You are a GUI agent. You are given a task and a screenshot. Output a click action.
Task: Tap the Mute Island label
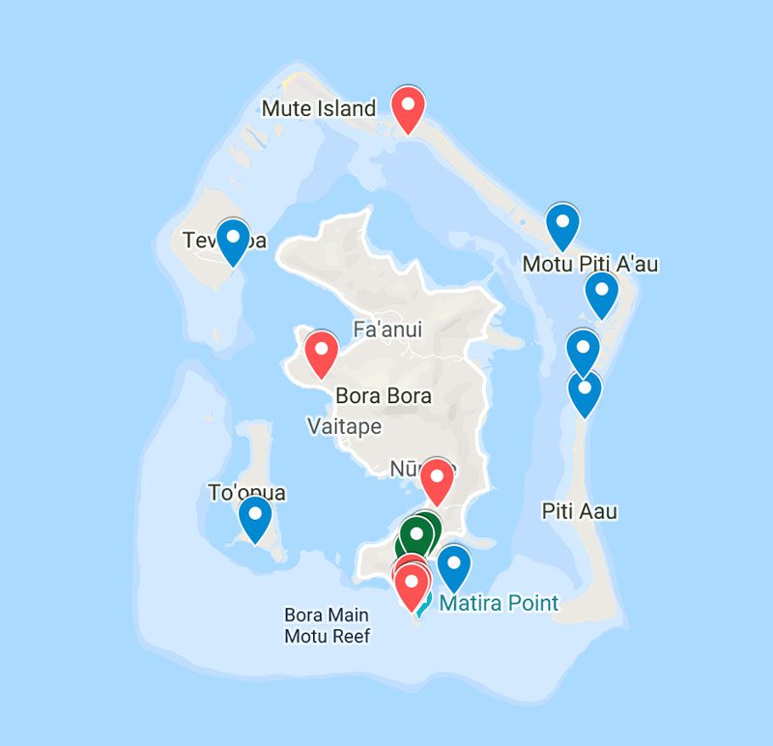click(x=319, y=108)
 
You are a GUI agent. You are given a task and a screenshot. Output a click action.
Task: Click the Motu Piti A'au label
click(x=590, y=264)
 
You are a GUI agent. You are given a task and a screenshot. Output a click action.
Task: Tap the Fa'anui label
click(x=387, y=330)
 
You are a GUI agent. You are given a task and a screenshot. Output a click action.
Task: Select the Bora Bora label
click(x=383, y=396)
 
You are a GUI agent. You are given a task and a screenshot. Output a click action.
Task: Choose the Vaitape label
click(x=344, y=426)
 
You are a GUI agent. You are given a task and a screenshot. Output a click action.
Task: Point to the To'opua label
click(x=247, y=493)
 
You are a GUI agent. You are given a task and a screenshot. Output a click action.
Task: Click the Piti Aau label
click(x=580, y=511)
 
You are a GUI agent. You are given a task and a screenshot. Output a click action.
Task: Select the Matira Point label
click(x=499, y=604)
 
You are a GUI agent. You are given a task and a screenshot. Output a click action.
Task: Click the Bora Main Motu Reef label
click(x=328, y=625)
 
